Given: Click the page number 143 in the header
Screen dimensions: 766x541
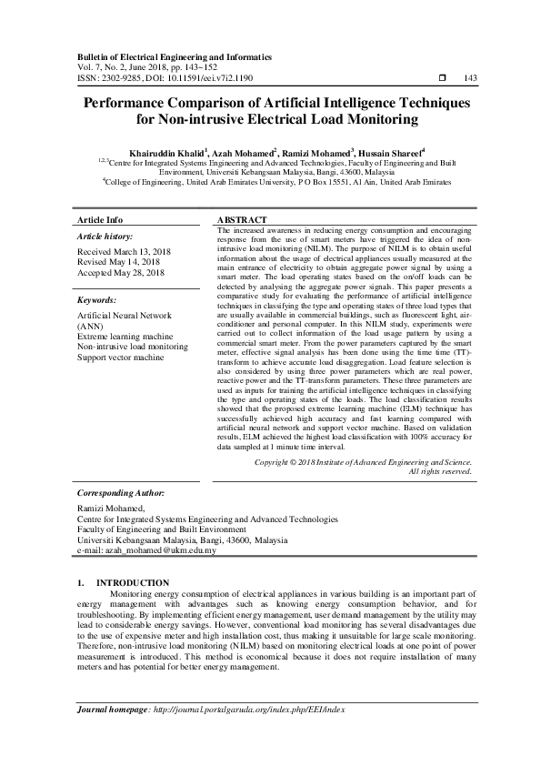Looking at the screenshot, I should pos(470,79).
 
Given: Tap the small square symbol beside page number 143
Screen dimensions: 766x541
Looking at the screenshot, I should pos(443,79).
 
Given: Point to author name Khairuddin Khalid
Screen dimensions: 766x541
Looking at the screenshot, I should pos(165,152).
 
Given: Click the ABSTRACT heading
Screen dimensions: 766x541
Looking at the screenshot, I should pos(243,220).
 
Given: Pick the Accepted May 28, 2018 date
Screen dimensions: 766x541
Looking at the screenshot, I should pos(121,272).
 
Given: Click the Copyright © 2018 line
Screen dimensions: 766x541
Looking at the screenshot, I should pos(363,462).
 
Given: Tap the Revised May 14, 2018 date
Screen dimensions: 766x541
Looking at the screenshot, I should pos(118,261).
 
